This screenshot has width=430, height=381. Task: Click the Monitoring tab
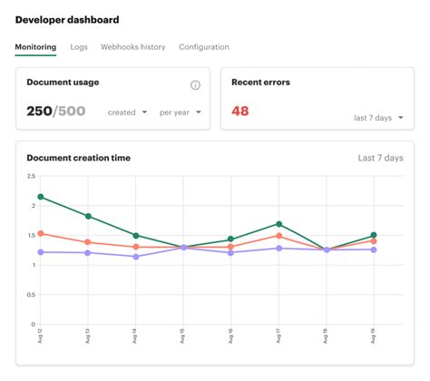[x=35, y=47]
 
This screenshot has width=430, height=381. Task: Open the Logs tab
[x=78, y=47]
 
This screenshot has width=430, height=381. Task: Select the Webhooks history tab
[x=132, y=47]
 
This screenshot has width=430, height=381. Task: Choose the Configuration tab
[x=204, y=47]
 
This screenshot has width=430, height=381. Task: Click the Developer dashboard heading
[x=66, y=19]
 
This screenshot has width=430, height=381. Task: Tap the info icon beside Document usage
[x=195, y=85]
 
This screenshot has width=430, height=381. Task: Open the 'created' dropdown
[x=127, y=113]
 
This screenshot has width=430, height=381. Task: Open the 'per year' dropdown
[x=180, y=113]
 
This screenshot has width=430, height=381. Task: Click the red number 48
[x=240, y=112]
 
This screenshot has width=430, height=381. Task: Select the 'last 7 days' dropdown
[x=376, y=118]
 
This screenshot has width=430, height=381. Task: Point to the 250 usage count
[x=39, y=112]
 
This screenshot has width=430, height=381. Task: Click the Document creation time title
[x=78, y=158]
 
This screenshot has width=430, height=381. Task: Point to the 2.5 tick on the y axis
[x=32, y=177]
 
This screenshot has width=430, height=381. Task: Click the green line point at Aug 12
[x=41, y=197]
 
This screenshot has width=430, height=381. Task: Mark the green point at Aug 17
[x=279, y=224]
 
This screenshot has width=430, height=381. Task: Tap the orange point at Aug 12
[x=41, y=233]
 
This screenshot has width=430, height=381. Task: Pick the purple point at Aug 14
[x=135, y=257]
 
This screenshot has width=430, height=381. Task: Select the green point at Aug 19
[x=374, y=236]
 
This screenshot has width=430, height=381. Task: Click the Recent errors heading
[x=260, y=83]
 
